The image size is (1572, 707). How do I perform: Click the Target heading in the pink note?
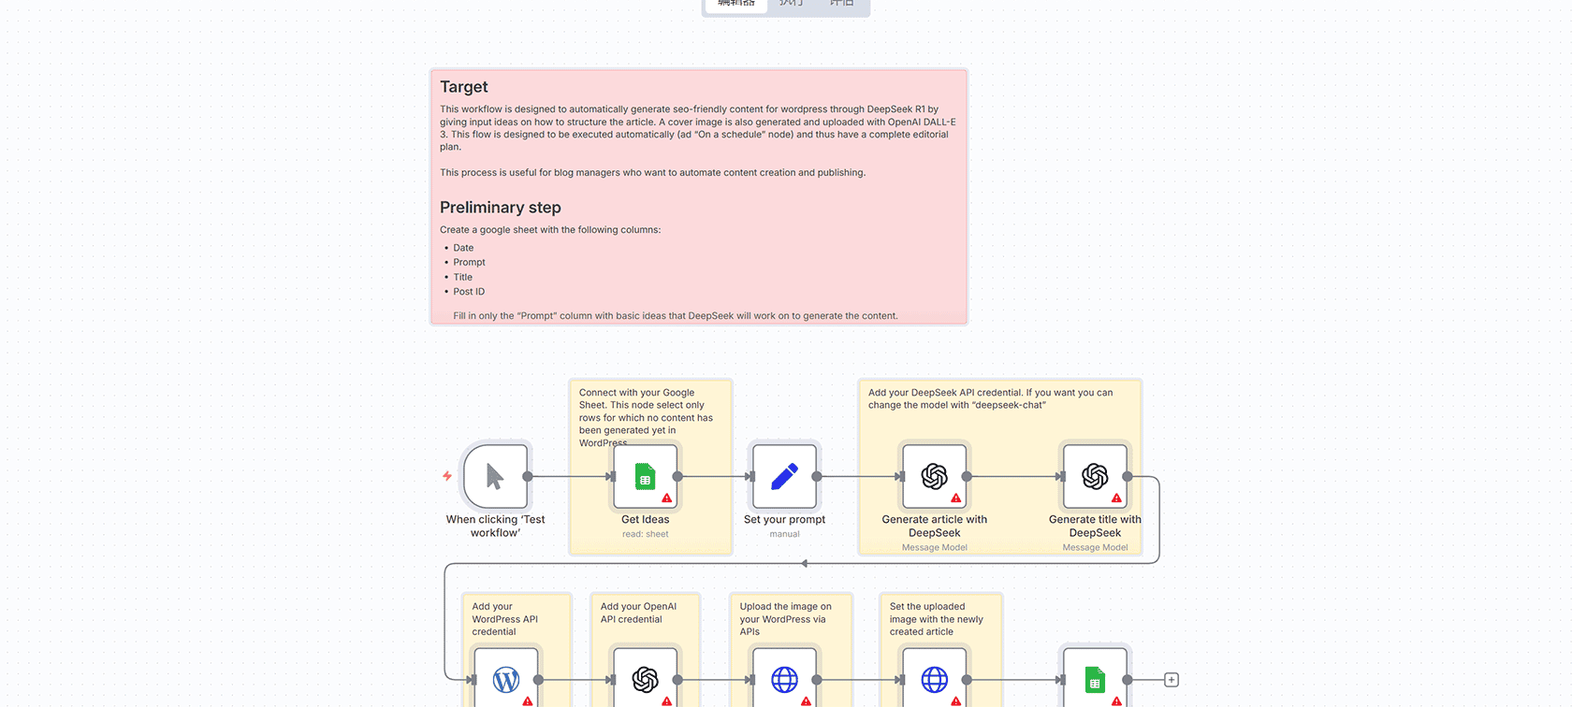464,87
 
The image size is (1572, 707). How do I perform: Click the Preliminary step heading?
501,208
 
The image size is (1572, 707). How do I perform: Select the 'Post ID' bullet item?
469,292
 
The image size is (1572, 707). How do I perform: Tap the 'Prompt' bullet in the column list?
469,263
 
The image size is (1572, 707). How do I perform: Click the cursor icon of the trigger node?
495,477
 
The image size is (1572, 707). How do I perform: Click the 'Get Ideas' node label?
645,520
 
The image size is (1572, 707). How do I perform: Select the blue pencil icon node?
784,477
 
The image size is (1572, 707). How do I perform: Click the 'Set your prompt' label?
784,520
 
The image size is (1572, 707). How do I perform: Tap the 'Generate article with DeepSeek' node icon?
934,477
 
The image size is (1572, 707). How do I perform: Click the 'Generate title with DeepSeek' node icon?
1095,477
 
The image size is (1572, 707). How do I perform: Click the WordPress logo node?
506,679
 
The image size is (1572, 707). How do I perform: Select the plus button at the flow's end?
1172,680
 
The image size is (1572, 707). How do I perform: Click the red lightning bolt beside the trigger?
447,476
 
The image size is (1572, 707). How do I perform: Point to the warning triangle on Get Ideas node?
667,498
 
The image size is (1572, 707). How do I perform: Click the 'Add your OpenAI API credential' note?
638,613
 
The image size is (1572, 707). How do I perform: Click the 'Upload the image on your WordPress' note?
785,618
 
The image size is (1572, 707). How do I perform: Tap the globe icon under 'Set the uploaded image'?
934,679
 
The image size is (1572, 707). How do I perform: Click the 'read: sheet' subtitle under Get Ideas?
645,535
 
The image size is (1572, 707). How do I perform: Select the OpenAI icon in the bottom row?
645,679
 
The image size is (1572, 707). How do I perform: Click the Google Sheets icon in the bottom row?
1095,679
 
